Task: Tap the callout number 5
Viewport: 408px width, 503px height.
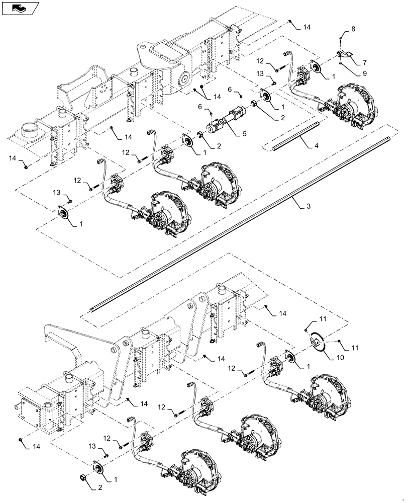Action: (245, 134)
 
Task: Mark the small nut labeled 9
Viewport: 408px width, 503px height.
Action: (341, 64)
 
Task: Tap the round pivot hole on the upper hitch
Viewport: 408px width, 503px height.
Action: (183, 78)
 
